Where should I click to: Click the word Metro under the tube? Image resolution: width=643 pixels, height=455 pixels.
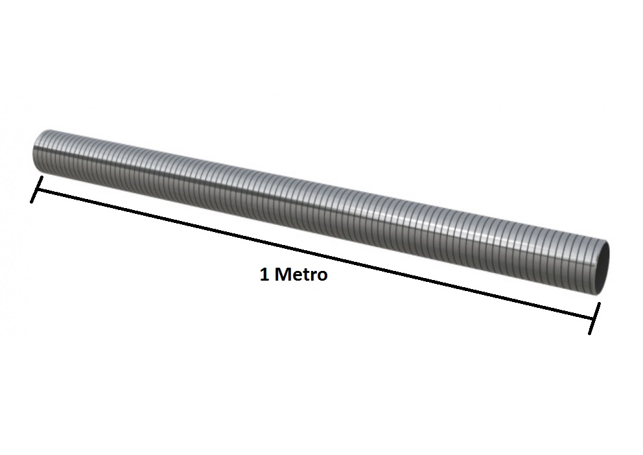tap(301, 274)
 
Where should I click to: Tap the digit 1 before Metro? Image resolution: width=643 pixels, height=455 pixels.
tap(264, 274)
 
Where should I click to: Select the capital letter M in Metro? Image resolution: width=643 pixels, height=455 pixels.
tap(282, 274)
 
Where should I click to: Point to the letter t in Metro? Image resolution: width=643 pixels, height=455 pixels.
tap(305, 275)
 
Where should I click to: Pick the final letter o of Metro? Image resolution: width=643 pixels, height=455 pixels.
tap(322, 276)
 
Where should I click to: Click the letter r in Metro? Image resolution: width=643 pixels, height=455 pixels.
tap(313, 276)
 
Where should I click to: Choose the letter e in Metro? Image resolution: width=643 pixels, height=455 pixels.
tap(296, 276)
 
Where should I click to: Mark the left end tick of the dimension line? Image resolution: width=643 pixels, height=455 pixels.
tap(36, 189)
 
